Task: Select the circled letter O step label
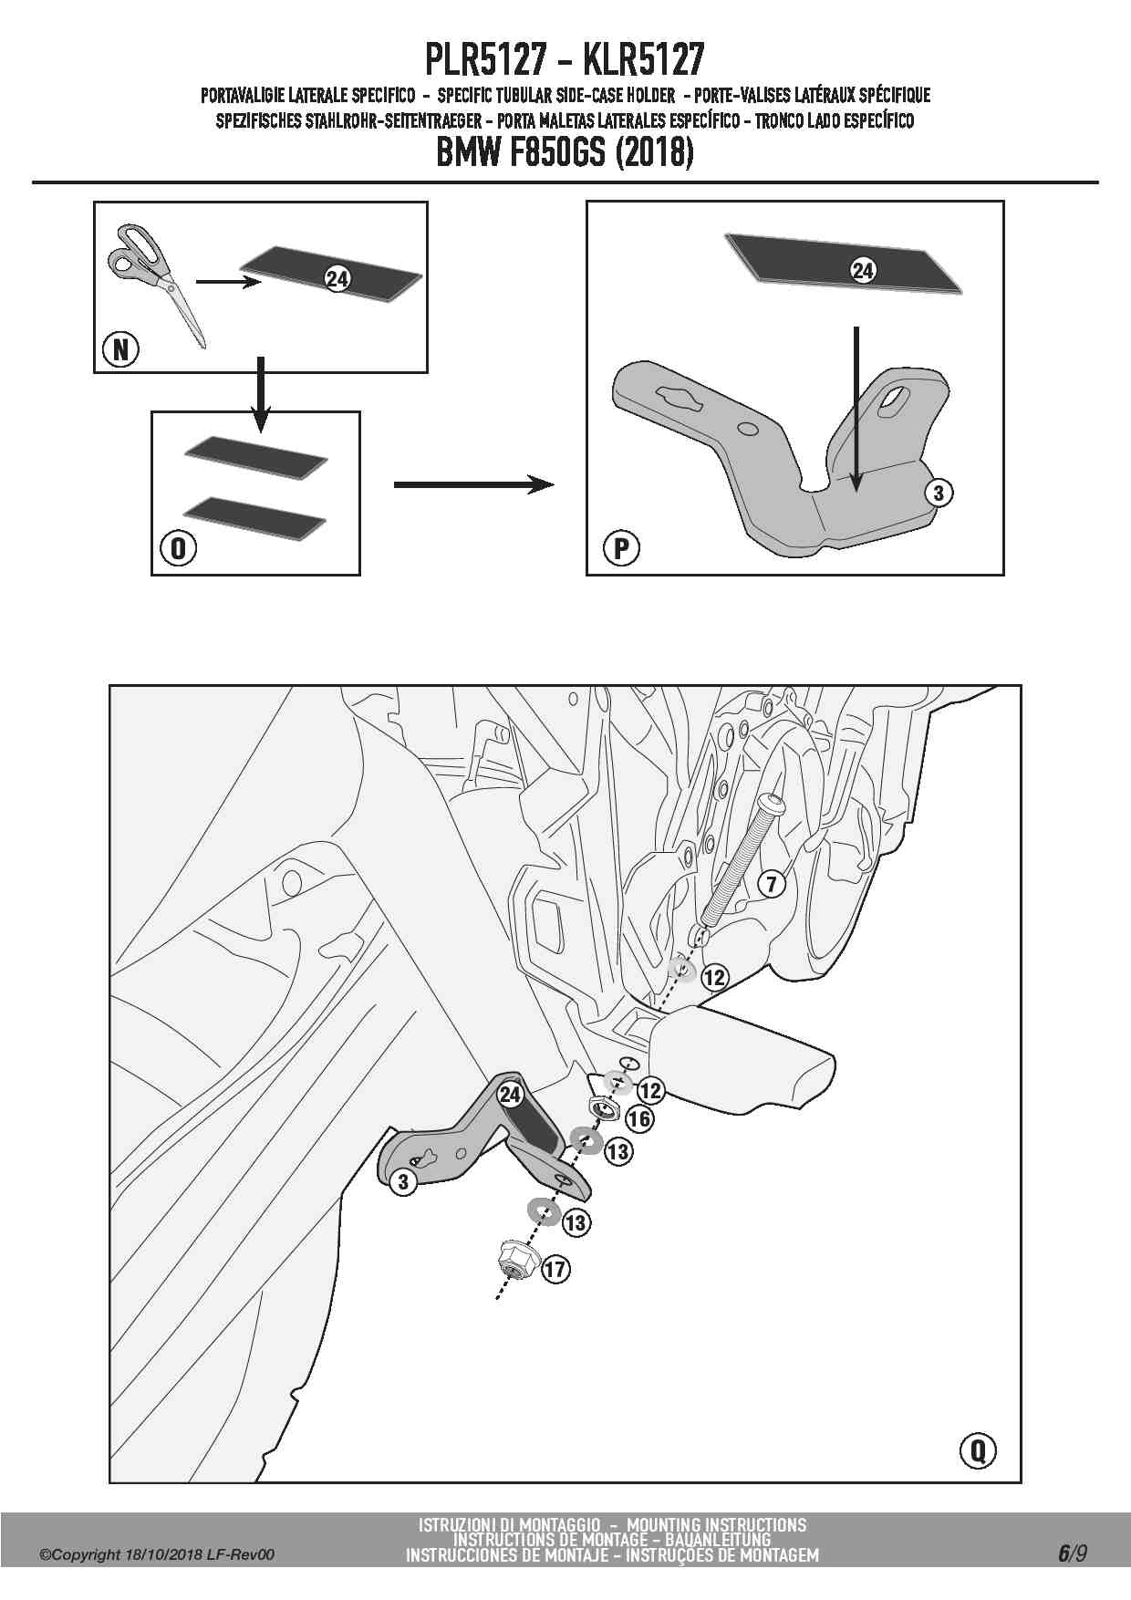coord(178,548)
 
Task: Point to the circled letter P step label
coord(621,548)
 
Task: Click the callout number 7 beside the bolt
coord(772,884)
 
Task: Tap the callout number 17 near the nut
coord(555,1269)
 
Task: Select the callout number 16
coord(639,1118)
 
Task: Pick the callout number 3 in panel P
coord(939,494)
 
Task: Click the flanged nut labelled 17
coord(514,1262)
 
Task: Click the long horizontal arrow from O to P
coord(473,484)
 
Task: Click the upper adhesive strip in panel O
coord(255,455)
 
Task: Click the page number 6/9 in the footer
coord(1073,1553)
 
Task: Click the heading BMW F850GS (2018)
coord(565,151)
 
